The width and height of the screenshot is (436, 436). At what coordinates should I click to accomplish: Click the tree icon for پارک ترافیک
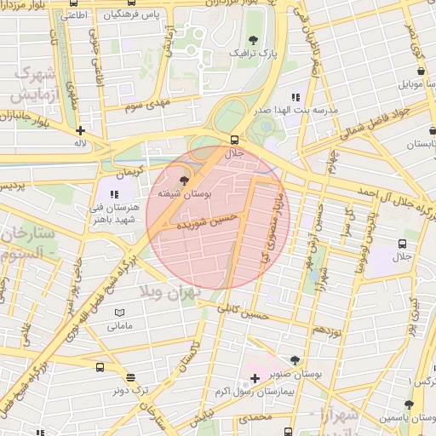[252, 40]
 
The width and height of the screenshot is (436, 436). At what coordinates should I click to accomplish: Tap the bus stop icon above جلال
[234, 140]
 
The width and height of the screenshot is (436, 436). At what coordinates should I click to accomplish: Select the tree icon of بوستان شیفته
[185, 181]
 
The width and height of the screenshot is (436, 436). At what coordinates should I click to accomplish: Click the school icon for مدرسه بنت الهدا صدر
[295, 98]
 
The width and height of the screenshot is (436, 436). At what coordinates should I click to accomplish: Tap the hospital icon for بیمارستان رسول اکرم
[255, 376]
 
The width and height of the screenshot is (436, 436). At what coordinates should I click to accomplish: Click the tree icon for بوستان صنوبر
[295, 361]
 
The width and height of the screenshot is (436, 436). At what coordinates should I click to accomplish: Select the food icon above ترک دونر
[129, 377]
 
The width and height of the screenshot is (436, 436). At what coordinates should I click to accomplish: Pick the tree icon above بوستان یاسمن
[409, 405]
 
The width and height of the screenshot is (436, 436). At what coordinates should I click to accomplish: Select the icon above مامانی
[118, 313]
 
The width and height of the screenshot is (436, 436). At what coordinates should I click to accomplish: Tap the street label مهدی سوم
[147, 106]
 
